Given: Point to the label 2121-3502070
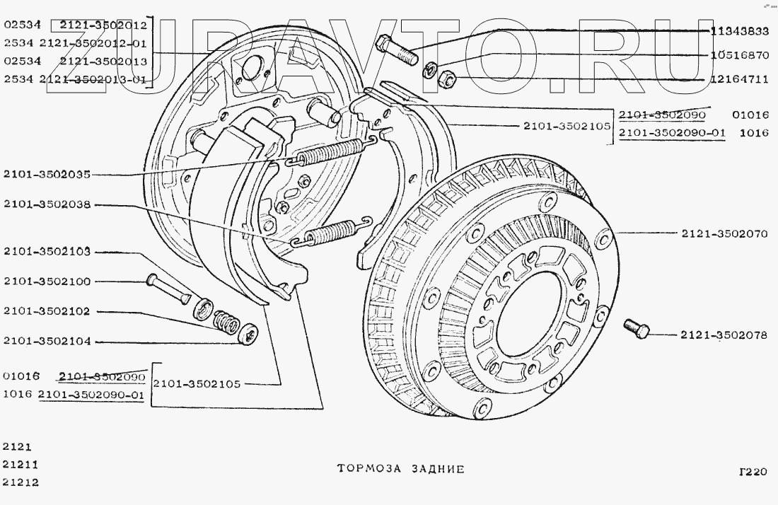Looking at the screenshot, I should pos(725,233).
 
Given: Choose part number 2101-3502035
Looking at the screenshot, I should pos(47,174).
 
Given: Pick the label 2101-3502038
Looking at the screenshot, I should pos(47,204).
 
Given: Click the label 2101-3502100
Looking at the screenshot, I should pos(47,281).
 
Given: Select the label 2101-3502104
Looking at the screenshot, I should pos(47,341).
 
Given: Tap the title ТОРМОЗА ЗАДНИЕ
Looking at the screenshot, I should pos(400,468).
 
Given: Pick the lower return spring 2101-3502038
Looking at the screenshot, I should pos(330,233).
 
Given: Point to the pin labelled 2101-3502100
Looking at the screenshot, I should pos(168,289).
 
